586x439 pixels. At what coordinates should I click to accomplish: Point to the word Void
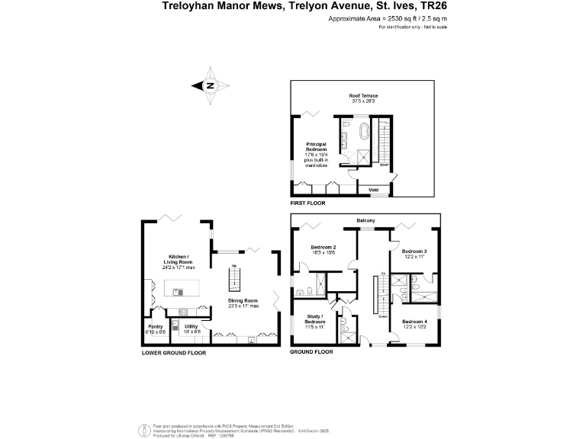[x=373, y=189]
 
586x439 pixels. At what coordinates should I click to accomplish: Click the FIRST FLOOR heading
[x=308, y=204]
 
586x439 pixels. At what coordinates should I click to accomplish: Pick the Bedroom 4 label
[x=414, y=322]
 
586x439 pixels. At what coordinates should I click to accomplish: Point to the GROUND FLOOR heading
[x=312, y=353]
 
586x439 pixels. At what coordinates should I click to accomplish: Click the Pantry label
[x=155, y=329]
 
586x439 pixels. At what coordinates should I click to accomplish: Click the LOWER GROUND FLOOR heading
[x=173, y=353]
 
